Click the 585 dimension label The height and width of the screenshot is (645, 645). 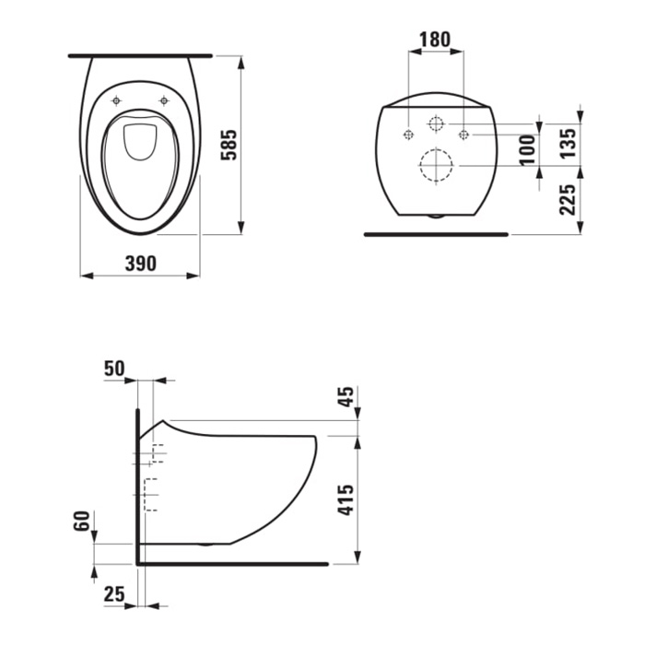point(230,146)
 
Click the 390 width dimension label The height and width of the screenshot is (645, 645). point(139,264)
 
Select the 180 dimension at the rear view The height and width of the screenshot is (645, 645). point(435,40)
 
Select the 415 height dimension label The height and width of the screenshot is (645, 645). point(346,498)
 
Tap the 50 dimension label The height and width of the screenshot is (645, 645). point(114,369)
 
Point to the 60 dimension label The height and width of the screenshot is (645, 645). point(81,522)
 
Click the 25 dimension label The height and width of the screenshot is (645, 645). point(114,595)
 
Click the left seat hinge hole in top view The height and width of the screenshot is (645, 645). point(116,100)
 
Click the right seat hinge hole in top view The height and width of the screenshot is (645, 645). point(164,100)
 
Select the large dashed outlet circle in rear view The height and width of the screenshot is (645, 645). point(436,167)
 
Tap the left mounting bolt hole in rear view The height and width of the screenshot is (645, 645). point(407,135)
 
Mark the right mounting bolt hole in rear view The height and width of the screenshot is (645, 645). point(464,135)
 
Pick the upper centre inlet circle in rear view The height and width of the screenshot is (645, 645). point(436,123)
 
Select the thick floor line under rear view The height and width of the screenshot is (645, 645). point(436,234)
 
